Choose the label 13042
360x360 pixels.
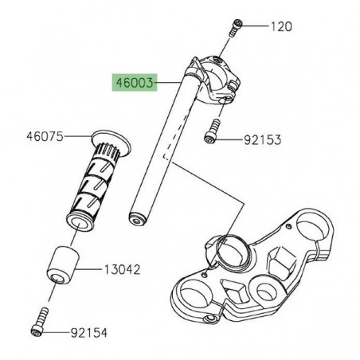123,270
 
